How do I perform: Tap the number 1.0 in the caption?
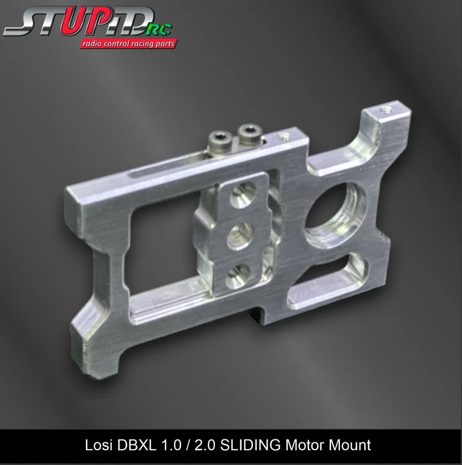167,445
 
